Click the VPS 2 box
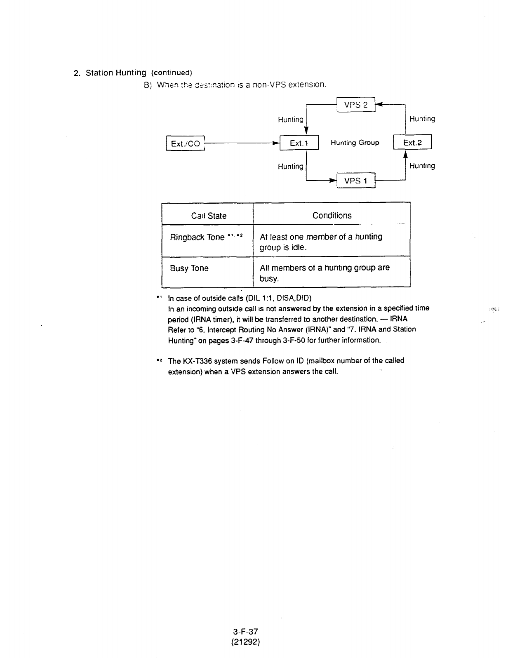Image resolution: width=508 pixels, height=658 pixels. point(356,105)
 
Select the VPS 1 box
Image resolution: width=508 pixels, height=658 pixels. point(356,181)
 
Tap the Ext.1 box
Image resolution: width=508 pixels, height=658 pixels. point(299,143)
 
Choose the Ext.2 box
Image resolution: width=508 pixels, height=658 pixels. point(413,143)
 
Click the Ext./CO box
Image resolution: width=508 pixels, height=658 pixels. point(185,143)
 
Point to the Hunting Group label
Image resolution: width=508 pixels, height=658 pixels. point(355,143)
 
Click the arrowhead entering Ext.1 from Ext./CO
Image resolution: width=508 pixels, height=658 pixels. point(275,143)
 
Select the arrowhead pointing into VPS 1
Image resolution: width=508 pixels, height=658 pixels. point(332,181)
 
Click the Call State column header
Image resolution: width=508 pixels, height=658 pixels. point(208,216)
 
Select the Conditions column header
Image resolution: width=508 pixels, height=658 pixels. point(332,215)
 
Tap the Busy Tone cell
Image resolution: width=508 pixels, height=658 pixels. point(189,268)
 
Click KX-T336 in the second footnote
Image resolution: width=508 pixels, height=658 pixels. point(196,361)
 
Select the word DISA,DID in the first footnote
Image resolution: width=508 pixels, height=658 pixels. point(297,298)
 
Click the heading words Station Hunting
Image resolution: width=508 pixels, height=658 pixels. point(116,73)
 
